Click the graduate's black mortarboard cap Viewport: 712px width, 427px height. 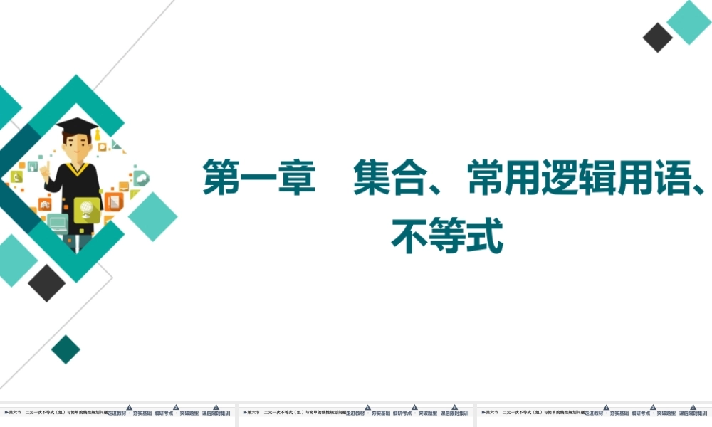coord(76,126)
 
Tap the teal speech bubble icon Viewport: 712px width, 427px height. coord(141,178)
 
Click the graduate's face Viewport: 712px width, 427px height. coord(75,148)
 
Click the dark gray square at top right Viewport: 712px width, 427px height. coord(657,38)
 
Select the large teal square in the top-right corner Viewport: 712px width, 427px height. coord(689,22)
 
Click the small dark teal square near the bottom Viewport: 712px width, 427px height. coord(66,349)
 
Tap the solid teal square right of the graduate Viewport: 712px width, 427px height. coord(152,216)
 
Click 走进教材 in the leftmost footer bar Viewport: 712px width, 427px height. coord(118,413)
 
